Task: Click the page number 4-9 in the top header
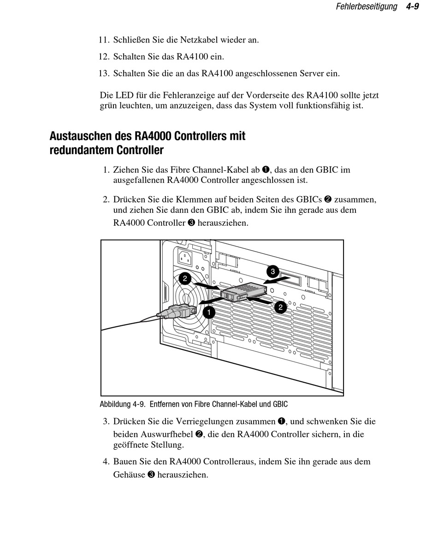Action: [x=412, y=6]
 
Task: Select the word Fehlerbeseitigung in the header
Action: [x=366, y=6]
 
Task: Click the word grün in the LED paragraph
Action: [x=109, y=106]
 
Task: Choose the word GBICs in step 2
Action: [x=309, y=200]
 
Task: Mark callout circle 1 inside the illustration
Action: [x=208, y=313]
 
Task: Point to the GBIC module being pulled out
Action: [x=244, y=292]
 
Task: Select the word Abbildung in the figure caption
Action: [x=115, y=404]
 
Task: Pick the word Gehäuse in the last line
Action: [x=129, y=475]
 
